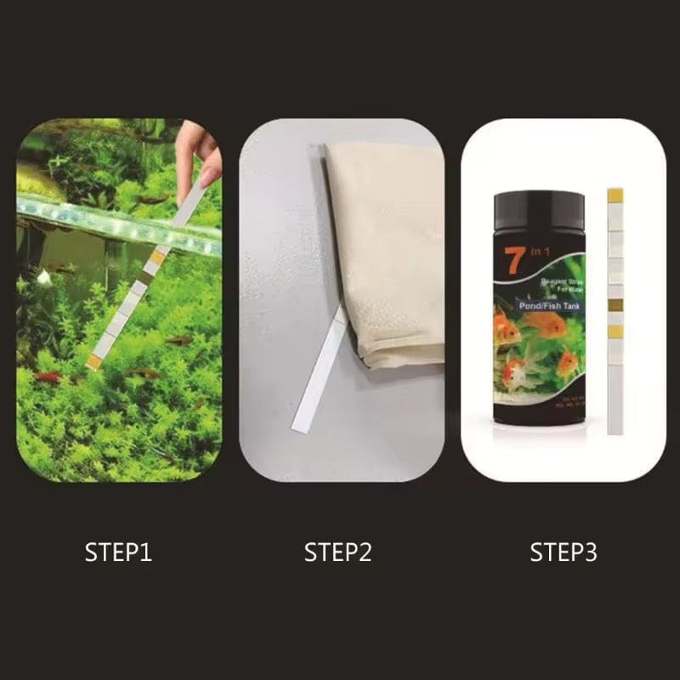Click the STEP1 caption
point(118,552)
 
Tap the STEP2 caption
point(338,552)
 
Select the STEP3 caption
point(564,552)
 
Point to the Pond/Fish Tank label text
point(541,297)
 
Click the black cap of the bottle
point(539,210)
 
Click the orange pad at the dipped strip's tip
point(94,361)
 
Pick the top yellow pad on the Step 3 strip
point(616,196)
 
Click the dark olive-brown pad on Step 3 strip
point(616,304)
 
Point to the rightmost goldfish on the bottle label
point(567,363)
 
